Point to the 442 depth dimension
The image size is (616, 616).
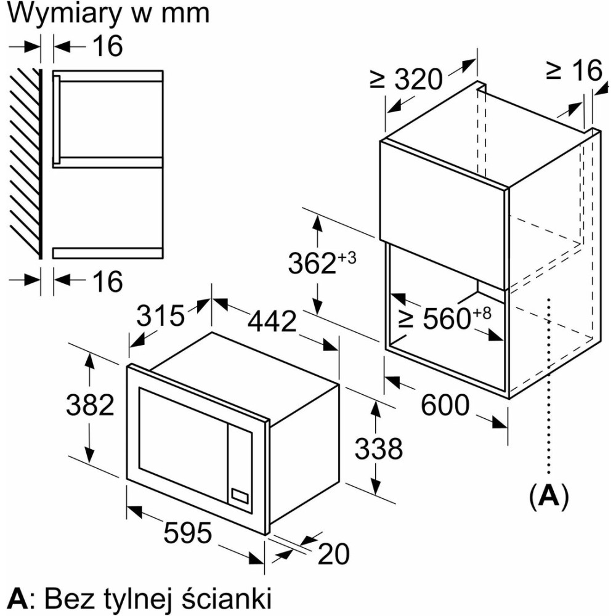(272, 321)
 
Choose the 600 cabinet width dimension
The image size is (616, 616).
(445, 405)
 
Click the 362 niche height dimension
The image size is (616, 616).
(313, 264)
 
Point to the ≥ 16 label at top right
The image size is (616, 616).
(573, 71)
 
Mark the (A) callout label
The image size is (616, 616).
(548, 496)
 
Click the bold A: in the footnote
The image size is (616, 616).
(20, 598)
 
